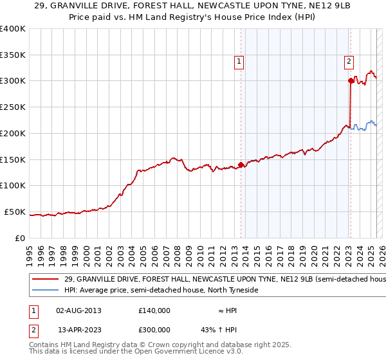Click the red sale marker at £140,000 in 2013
(x=241, y=165)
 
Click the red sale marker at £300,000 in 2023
(x=351, y=80)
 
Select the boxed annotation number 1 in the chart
(x=239, y=62)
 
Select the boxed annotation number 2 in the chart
(x=348, y=62)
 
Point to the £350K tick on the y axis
(x=13, y=55)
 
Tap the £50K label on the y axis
(x=15, y=212)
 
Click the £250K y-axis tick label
(x=13, y=107)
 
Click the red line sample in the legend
(x=46, y=280)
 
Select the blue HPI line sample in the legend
(x=46, y=291)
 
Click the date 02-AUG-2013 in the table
(x=78, y=310)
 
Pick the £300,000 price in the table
(x=154, y=329)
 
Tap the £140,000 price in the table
(x=154, y=310)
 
